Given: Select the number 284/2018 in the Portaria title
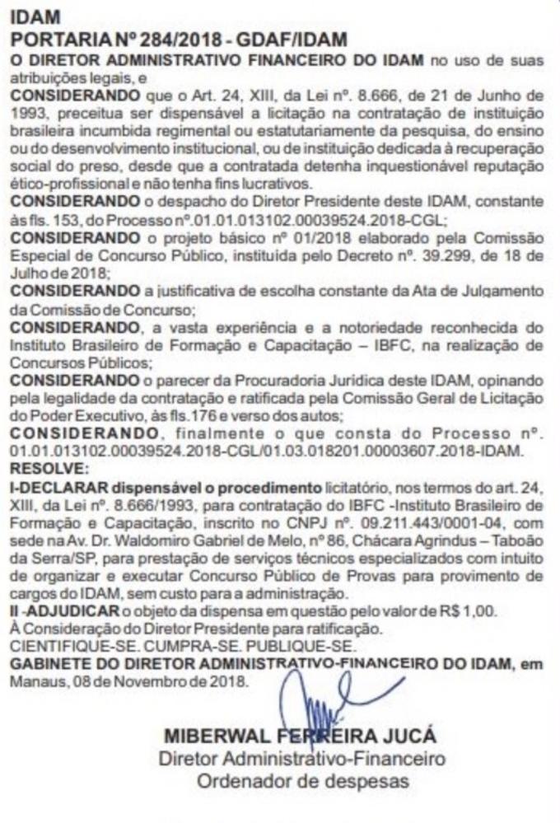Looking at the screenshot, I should [178, 39].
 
